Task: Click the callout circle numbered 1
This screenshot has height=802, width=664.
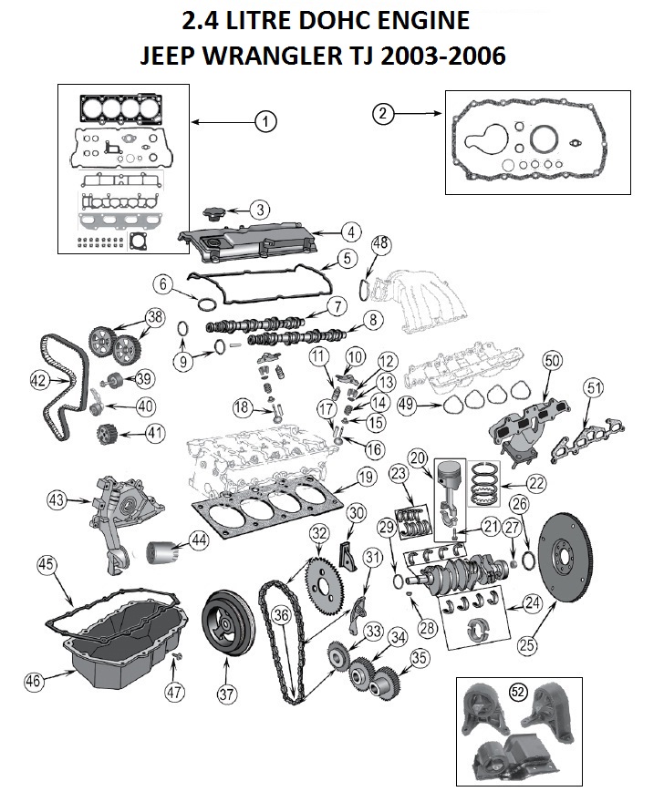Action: pos(265,120)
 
